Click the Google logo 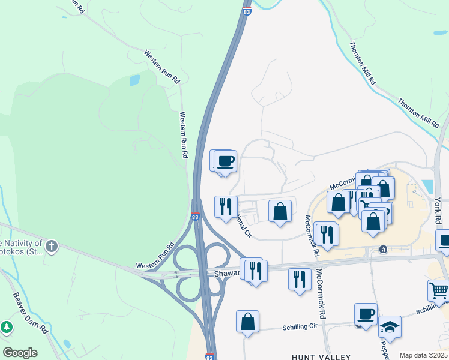[20, 353]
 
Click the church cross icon [52, 245]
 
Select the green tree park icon [7, 328]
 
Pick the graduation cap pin [390, 328]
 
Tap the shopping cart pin [439, 291]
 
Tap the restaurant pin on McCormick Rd [328, 233]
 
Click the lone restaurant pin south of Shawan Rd [300, 279]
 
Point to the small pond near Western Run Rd [134, 80]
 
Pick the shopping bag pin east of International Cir [280, 211]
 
